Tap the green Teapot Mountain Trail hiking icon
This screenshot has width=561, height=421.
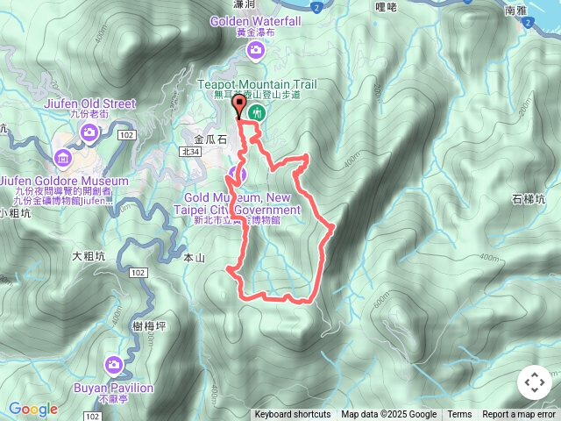click(257, 112)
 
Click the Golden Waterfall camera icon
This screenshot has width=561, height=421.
click(255, 50)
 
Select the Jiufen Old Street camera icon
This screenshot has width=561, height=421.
click(89, 132)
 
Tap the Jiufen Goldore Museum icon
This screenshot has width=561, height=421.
click(62, 159)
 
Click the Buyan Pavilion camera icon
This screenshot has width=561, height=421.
click(114, 364)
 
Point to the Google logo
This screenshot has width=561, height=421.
click(32, 409)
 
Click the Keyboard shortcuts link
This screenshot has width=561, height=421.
click(293, 415)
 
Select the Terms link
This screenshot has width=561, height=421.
click(459, 415)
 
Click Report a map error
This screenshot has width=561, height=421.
click(520, 415)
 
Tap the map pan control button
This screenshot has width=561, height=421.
click(534, 382)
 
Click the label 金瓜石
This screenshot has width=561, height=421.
click(210, 139)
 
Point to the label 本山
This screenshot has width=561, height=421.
click(194, 258)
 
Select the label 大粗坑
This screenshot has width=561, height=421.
click(89, 256)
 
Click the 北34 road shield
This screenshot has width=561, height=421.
click(190, 153)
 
